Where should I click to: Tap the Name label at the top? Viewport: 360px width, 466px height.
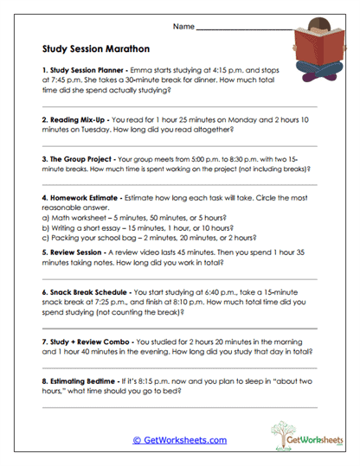(x=183, y=28)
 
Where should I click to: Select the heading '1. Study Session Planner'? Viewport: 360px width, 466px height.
(x=83, y=67)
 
